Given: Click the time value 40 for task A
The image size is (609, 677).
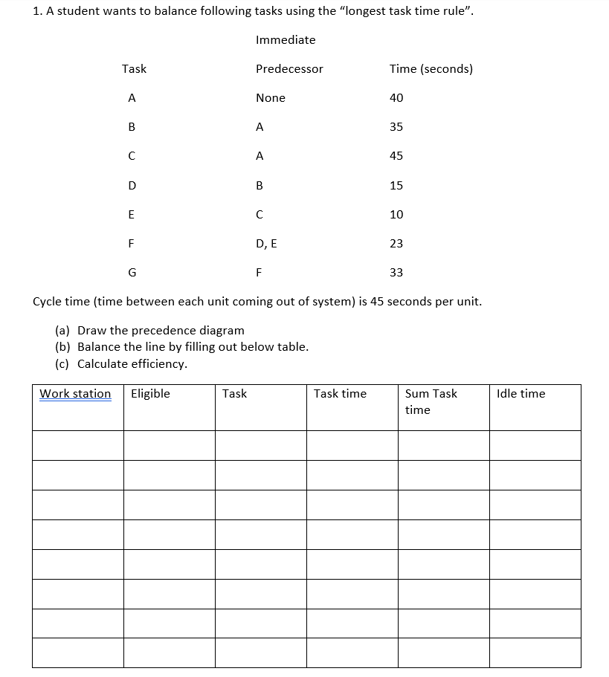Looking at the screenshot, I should click(396, 98).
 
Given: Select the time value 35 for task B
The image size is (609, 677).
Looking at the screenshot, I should click(396, 127).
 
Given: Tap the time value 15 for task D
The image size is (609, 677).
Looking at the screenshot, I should click(396, 186).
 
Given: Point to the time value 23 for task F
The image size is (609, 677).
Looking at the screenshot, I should click(396, 244).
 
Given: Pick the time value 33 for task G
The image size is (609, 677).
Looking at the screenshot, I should click(396, 273).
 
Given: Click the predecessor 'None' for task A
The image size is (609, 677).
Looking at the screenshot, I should click(270, 98).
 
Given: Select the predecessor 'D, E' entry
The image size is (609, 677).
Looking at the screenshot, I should click(265, 244).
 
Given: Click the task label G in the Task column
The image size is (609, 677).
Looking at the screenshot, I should click(132, 273).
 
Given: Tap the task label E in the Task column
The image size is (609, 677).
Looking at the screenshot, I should click(132, 215).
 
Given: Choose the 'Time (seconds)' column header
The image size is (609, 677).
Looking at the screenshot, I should click(431, 69).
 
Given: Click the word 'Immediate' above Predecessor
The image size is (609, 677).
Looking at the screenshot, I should click(286, 40).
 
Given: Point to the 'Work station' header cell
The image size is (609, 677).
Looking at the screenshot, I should click(75, 394).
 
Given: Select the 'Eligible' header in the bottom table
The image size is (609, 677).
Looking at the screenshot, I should click(150, 394).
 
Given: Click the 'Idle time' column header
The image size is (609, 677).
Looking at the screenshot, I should click(521, 394).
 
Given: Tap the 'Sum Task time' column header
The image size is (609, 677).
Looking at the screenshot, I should click(431, 401).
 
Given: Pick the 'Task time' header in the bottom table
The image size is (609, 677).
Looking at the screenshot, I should click(340, 394).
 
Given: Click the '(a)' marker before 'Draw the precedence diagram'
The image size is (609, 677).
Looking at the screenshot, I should click(63, 331).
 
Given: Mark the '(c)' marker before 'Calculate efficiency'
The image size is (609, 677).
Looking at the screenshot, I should click(63, 364).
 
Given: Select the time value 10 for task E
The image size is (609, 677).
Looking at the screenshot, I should click(396, 215).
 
